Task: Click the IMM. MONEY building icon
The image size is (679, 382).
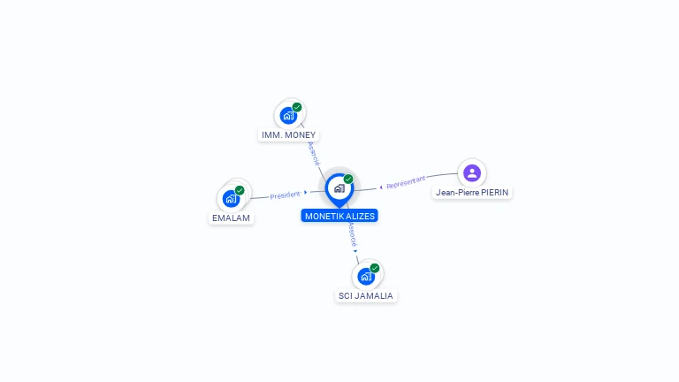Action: tap(288, 115)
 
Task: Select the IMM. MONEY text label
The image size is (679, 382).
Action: tap(288, 135)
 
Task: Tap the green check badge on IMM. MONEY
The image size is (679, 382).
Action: tap(297, 107)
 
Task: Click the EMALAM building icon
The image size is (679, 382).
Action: tap(232, 198)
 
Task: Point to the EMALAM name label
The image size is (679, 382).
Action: tap(232, 218)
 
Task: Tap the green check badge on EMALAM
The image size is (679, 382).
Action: tap(240, 190)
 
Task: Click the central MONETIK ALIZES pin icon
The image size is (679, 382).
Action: tap(339, 188)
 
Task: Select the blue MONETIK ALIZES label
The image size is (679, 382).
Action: tap(339, 216)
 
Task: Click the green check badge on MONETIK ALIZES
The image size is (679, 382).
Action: tap(348, 179)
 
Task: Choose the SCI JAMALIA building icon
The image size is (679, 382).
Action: tap(366, 276)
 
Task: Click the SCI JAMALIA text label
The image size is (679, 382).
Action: tap(367, 296)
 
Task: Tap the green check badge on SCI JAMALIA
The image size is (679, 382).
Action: tap(375, 268)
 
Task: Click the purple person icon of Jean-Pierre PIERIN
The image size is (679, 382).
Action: tap(472, 172)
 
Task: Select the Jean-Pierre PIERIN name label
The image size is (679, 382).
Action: tap(472, 192)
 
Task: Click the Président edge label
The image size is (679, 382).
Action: tap(286, 195)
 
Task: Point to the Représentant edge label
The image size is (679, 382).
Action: tap(407, 182)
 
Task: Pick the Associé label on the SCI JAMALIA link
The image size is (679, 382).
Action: tap(352, 234)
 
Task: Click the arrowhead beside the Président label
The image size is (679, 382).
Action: tap(306, 192)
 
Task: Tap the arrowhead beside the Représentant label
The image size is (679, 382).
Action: tap(381, 187)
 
